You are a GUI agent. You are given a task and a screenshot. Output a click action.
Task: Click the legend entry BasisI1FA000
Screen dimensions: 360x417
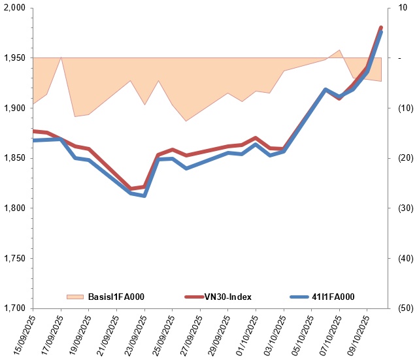pyautogui.click(x=116, y=297)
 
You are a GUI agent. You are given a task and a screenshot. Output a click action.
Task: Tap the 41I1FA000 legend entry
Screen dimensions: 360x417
pyautogui.click(x=333, y=297)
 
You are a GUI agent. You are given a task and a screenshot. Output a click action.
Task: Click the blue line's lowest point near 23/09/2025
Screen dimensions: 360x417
pyautogui.click(x=144, y=195)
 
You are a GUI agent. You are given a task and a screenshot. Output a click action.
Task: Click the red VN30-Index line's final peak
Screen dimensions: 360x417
pyautogui.click(x=381, y=27)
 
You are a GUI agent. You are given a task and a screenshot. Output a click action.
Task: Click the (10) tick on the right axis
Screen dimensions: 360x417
pyautogui.click(x=399, y=108)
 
